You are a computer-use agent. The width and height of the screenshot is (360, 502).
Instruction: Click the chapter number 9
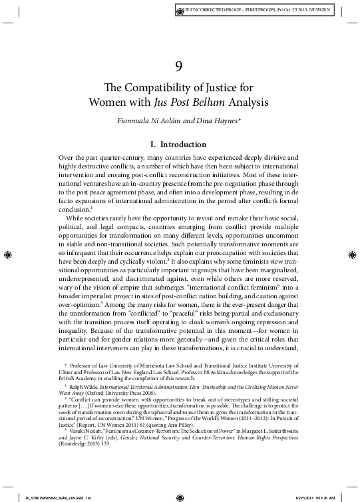tap(179, 65)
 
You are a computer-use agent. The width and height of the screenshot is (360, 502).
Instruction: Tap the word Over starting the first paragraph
tap(67, 156)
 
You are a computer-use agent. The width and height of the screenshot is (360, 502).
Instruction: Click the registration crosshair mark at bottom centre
tap(180, 496)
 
